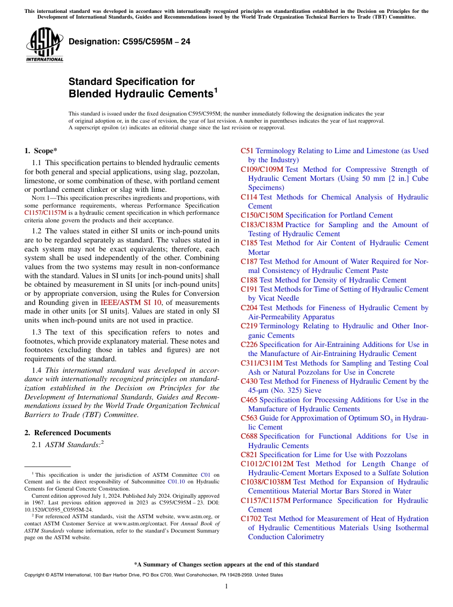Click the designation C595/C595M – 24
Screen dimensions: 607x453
tap(129, 42)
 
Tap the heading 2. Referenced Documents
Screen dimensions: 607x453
tap(68, 433)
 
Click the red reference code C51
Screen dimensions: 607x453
tap(247, 151)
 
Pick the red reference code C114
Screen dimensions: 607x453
tap(249, 197)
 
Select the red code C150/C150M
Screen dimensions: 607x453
tap(262, 215)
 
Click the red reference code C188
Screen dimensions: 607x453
tap(249, 280)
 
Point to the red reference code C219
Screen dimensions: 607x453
tap(249, 326)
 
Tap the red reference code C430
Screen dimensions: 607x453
tap(249, 381)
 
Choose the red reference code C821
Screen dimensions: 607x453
tap(249, 455)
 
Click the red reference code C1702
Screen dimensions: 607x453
tap(251, 519)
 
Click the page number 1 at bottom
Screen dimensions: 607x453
tap(226, 586)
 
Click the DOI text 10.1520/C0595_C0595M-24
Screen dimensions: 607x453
tap(59, 510)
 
